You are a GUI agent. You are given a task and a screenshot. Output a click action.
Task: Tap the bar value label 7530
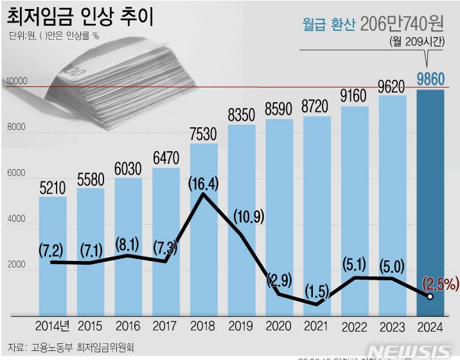click(x=203, y=135)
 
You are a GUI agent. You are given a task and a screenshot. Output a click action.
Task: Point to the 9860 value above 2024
click(x=430, y=80)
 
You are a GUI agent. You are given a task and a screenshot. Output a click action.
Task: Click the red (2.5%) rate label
click(x=439, y=282)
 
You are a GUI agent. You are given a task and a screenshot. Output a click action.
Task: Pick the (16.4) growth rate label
click(x=203, y=183)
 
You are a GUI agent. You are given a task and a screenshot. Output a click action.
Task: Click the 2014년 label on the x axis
click(x=53, y=327)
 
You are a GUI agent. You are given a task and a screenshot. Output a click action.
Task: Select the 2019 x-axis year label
click(x=242, y=327)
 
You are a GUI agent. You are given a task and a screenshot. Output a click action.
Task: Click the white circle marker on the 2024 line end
click(x=430, y=296)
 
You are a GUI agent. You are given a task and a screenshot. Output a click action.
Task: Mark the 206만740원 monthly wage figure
click(x=402, y=25)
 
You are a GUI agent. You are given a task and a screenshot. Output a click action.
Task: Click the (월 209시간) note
click(x=416, y=42)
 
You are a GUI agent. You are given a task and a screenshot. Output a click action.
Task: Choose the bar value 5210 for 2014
click(x=53, y=188)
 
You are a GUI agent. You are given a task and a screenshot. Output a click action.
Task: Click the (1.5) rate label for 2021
click(x=316, y=292)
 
